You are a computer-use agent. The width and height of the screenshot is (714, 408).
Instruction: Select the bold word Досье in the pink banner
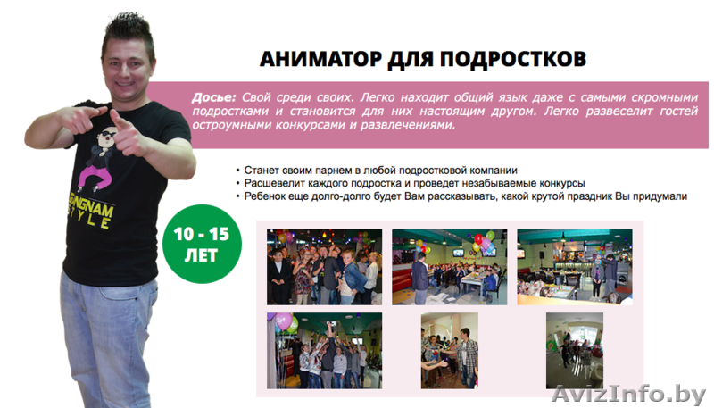pos(212,97)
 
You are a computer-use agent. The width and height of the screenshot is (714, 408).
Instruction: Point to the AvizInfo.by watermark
pos(629,394)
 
